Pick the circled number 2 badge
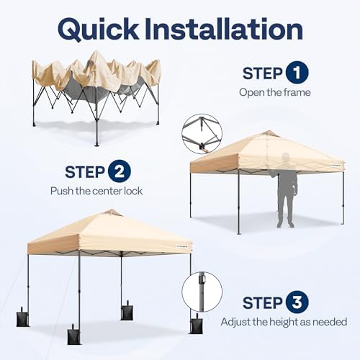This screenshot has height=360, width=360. click(119, 172)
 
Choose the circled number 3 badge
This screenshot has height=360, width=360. click(297, 302)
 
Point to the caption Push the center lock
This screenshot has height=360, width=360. click(96, 191)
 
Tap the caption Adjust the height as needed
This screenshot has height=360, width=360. click(284, 322)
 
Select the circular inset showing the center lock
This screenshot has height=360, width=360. click(202, 134)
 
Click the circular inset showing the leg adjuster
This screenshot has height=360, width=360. click(202, 291)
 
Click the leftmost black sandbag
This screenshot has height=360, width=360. click(23, 318)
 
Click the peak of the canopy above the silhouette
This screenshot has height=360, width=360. click(268, 133)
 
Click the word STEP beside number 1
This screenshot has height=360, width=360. click(262, 73)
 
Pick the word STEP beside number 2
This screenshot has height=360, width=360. click(86, 172)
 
